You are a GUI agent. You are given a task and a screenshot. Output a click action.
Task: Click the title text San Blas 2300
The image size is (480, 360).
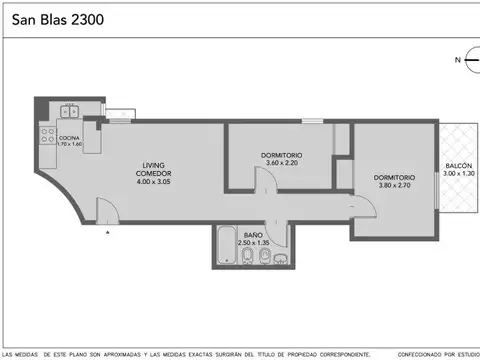[56, 18]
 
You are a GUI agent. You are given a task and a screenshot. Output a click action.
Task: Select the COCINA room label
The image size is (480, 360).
[69, 138]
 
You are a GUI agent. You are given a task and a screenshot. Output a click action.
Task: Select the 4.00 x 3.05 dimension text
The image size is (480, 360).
[154, 182]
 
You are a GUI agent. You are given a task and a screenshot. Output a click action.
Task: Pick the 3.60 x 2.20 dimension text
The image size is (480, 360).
[281, 165]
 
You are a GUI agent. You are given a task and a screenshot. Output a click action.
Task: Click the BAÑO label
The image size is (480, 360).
[252, 234]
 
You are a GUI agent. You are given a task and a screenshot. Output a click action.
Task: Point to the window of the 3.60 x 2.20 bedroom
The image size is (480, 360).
[313, 122]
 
